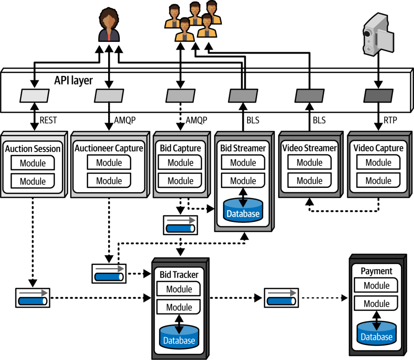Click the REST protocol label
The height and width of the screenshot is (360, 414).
coord(48,120)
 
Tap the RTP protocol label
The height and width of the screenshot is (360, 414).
coord(390,120)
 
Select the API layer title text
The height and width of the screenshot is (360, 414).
coord(73,80)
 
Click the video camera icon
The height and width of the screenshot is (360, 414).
coord(378,34)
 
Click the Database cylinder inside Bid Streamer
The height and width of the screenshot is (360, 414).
coord(243,210)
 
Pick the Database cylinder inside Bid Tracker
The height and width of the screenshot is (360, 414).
coord(179,337)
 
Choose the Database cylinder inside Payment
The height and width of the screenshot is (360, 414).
coord(377,333)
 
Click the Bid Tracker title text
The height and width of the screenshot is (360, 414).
coord(179,275)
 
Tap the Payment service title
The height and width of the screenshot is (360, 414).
coord(377,271)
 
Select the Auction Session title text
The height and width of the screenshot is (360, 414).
coord(33,149)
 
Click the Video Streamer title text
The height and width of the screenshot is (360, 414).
coord(309,148)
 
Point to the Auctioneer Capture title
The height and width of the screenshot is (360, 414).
coord(109,148)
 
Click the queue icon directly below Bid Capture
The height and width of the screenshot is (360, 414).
coord(180,225)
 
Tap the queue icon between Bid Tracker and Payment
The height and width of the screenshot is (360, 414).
coord(282,298)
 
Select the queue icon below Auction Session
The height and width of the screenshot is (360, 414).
coord(33,298)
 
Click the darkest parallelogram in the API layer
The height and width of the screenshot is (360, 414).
coord(378,95)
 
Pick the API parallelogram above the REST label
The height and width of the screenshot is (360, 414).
coord(34,95)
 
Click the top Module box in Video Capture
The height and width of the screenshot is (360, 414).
coord(378,162)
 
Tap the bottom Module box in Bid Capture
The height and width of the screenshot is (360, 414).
coord(180,180)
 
